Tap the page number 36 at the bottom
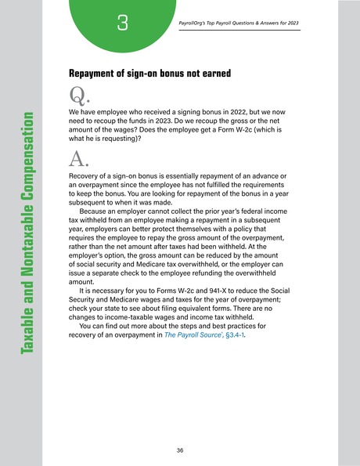(180, 450)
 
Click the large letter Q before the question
(77, 96)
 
